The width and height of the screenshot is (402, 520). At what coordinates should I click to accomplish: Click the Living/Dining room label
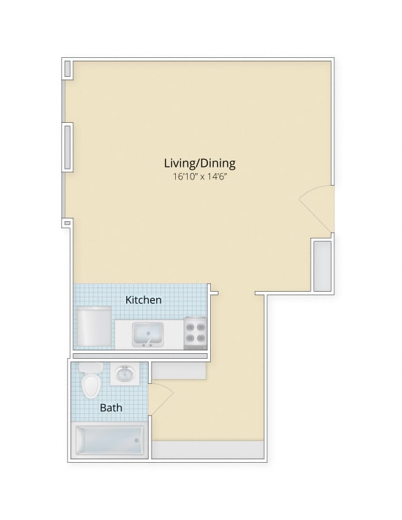pyautogui.click(x=200, y=163)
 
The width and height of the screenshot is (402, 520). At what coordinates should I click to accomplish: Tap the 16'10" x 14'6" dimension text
pyautogui.click(x=200, y=177)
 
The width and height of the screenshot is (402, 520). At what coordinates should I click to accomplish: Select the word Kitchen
pyautogui.click(x=144, y=300)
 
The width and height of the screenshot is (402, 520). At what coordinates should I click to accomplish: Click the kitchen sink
pyautogui.click(x=147, y=333)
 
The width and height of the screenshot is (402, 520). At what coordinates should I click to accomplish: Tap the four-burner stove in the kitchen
pyautogui.click(x=196, y=333)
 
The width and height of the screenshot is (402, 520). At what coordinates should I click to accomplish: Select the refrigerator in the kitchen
pyautogui.click(x=94, y=327)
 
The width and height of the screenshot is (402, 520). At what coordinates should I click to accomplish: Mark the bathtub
pyautogui.click(x=110, y=440)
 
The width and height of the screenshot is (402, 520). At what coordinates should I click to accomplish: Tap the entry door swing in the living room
pyautogui.click(x=318, y=206)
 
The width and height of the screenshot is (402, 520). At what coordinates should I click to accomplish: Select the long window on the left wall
pyautogui.click(x=68, y=146)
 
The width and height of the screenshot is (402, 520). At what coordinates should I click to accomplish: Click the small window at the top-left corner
pyautogui.click(x=68, y=68)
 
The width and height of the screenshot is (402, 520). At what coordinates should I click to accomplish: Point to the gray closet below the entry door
pyautogui.click(x=322, y=266)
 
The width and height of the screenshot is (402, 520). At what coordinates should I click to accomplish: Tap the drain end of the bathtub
pyautogui.click(x=136, y=440)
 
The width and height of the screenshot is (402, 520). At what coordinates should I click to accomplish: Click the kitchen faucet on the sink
pyautogui.click(x=147, y=343)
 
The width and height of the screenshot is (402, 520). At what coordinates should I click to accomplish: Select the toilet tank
pyautogui.click(x=90, y=368)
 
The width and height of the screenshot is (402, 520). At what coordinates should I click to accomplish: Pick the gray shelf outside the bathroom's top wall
pyautogui.click(x=179, y=371)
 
